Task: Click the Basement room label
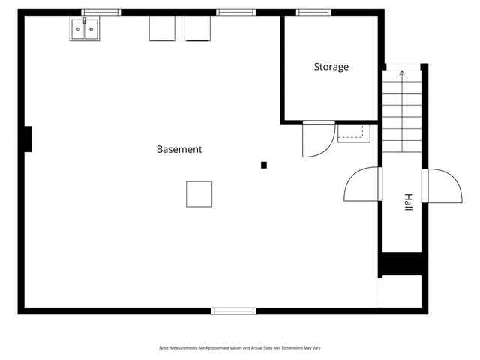(179, 149)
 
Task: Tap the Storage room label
(331, 67)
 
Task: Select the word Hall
(408, 202)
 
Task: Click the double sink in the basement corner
(85, 29)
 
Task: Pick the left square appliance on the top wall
(161, 28)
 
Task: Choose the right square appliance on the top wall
(198, 28)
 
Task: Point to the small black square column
(263, 165)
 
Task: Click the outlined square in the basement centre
(199, 193)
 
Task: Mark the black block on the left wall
(28, 139)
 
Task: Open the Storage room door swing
(316, 139)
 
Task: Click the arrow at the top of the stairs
(402, 73)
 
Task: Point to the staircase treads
(403, 112)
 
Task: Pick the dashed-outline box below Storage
(350, 133)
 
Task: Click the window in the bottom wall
(233, 310)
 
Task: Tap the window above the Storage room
(313, 12)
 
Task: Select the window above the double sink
(100, 12)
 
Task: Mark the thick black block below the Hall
(401, 265)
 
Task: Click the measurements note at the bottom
(240, 348)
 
